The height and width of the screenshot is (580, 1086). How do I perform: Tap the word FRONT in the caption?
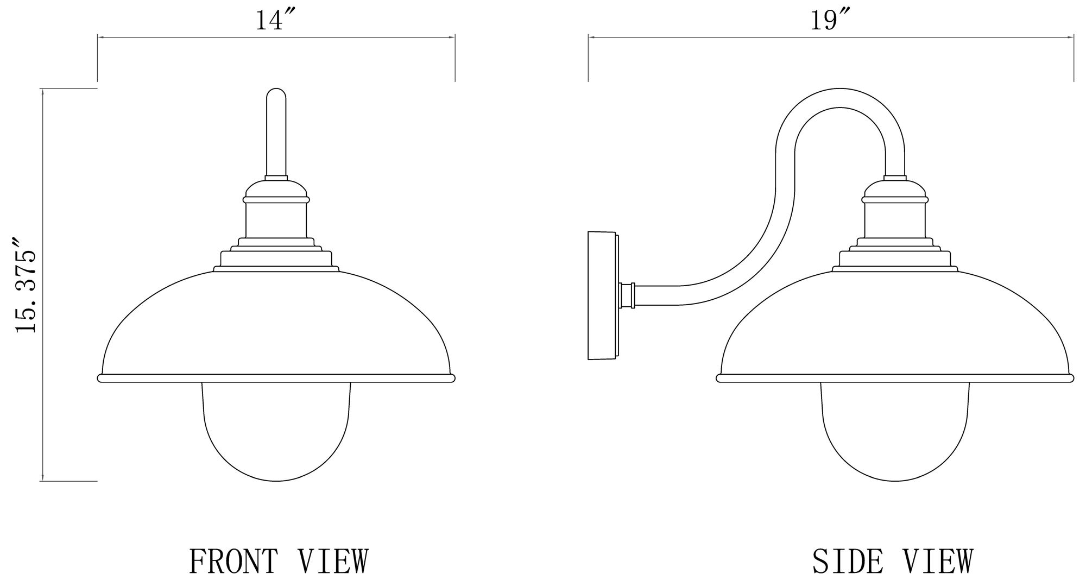coord(233,562)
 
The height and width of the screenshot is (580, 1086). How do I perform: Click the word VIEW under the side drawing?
coord(938,562)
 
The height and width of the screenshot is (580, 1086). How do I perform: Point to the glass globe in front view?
coord(276,434)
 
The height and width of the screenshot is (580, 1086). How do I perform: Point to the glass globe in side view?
coord(895,434)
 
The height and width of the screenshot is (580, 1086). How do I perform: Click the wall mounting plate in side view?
coord(602,296)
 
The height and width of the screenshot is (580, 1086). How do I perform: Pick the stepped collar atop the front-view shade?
coord(276,257)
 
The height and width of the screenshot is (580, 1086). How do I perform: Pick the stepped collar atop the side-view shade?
coord(895,257)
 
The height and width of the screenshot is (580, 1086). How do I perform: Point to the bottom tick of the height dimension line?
coord(42,481)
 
